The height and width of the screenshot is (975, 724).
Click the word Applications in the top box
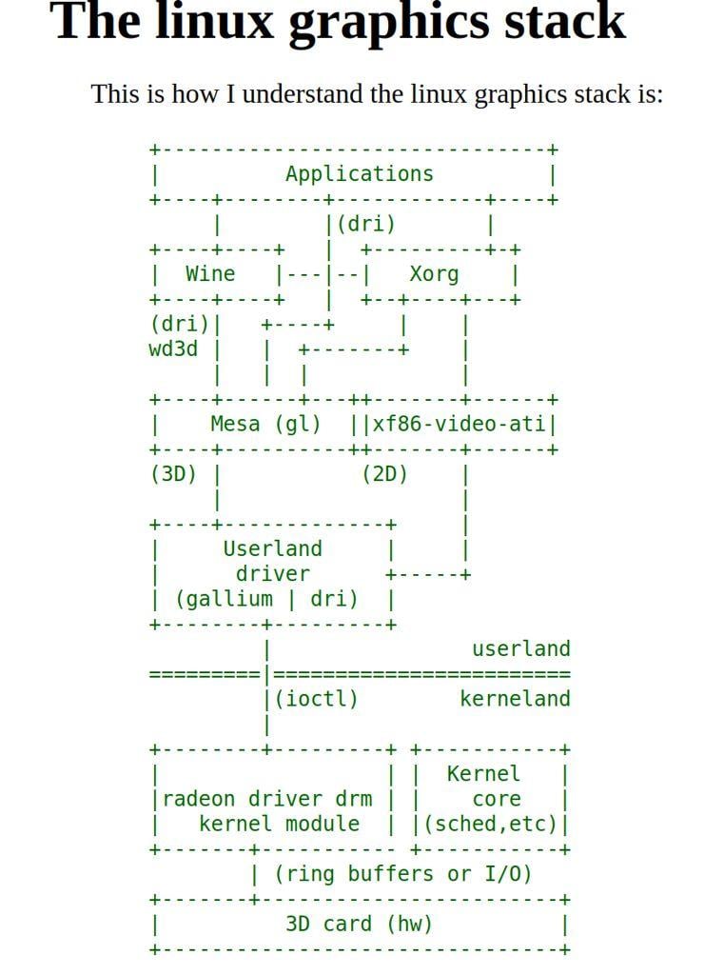point(359,173)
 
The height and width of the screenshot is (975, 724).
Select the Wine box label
point(210,274)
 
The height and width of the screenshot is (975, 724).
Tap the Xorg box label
point(434,274)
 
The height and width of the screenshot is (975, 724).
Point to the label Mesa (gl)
point(265,424)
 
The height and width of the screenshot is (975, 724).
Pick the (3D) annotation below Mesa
point(173,473)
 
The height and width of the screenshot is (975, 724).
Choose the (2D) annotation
point(384,473)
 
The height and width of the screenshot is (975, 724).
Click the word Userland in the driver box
point(272,548)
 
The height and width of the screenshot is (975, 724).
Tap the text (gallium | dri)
point(266,599)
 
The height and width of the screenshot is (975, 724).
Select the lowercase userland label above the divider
point(520,648)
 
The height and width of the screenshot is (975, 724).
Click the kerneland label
point(515,699)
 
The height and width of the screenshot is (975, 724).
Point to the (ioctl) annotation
point(317,699)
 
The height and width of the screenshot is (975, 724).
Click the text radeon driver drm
point(267,799)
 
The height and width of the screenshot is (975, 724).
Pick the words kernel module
point(279,824)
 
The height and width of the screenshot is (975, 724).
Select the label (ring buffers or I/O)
point(402,874)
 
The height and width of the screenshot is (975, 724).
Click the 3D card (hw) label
point(359,924)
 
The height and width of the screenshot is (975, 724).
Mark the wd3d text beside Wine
point(173,348)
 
